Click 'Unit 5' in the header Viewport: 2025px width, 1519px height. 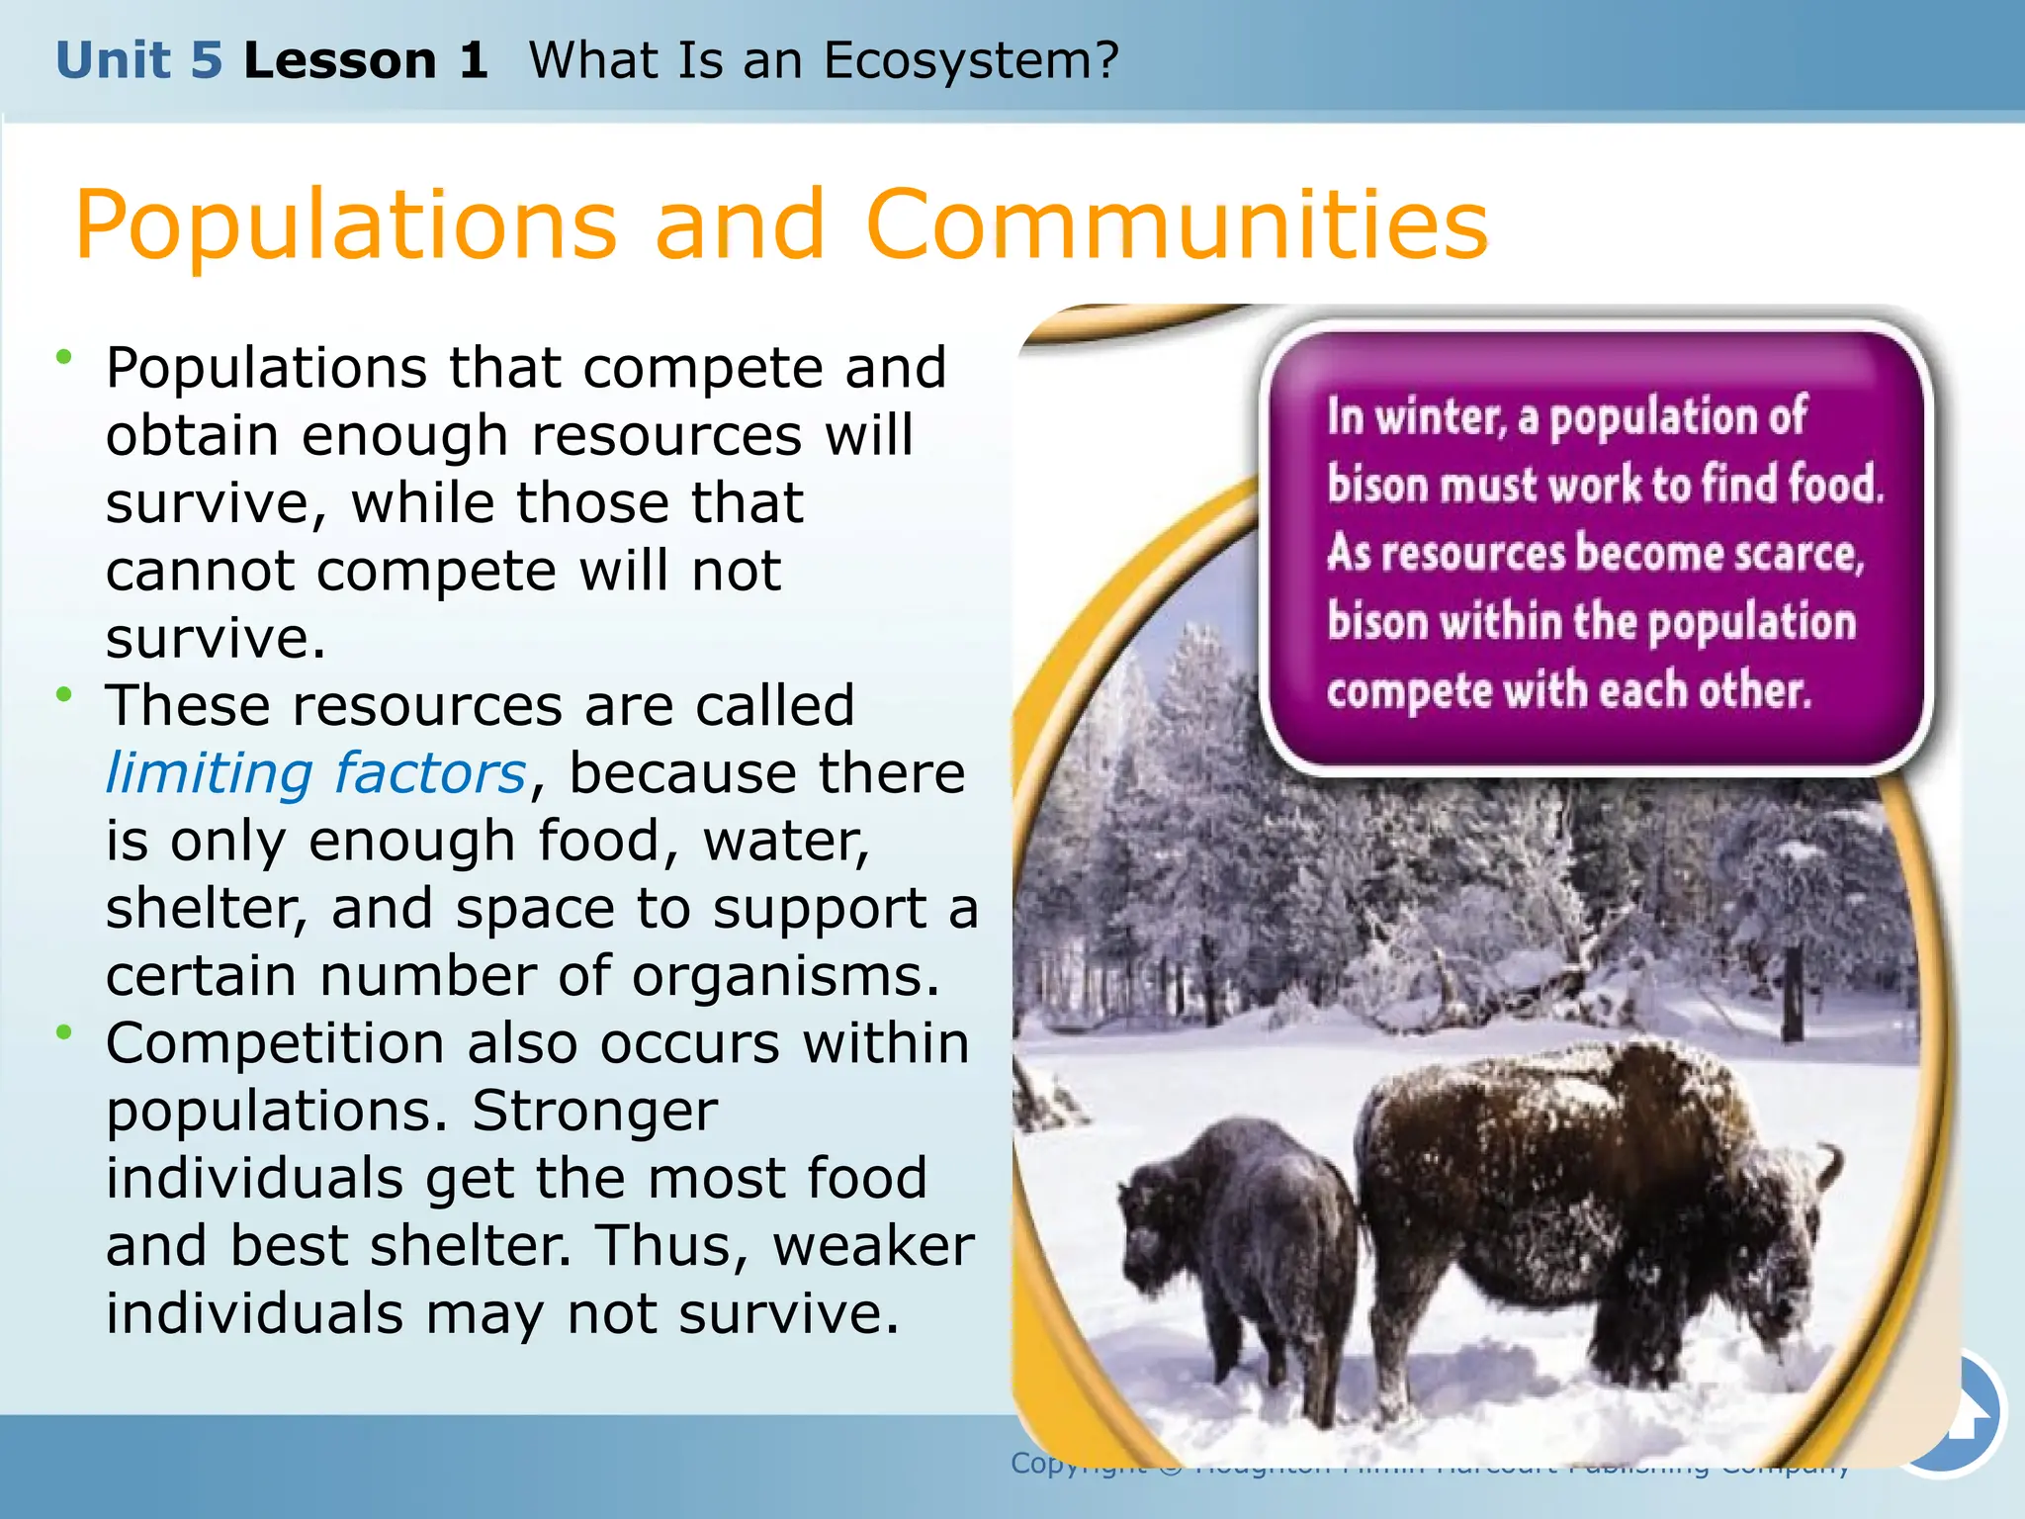coord(138,61)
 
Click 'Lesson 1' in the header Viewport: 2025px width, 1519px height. coord(365,61)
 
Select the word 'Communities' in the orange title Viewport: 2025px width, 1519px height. coord(1176,225)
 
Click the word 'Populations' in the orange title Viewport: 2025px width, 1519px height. coord(346,225)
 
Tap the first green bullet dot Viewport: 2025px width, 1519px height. coord(64,357)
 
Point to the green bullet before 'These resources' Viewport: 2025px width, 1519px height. coord(64,695)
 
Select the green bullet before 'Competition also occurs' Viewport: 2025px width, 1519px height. coord(64,1033)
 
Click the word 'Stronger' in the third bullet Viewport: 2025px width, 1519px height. coord(594,1112)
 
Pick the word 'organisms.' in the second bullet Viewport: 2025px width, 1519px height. coord(786,977)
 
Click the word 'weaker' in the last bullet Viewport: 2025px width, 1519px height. coord(873,1246)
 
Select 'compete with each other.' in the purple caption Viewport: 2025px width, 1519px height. coord(1569,690)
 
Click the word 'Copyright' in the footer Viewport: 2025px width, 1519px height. coord(1078,1464)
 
